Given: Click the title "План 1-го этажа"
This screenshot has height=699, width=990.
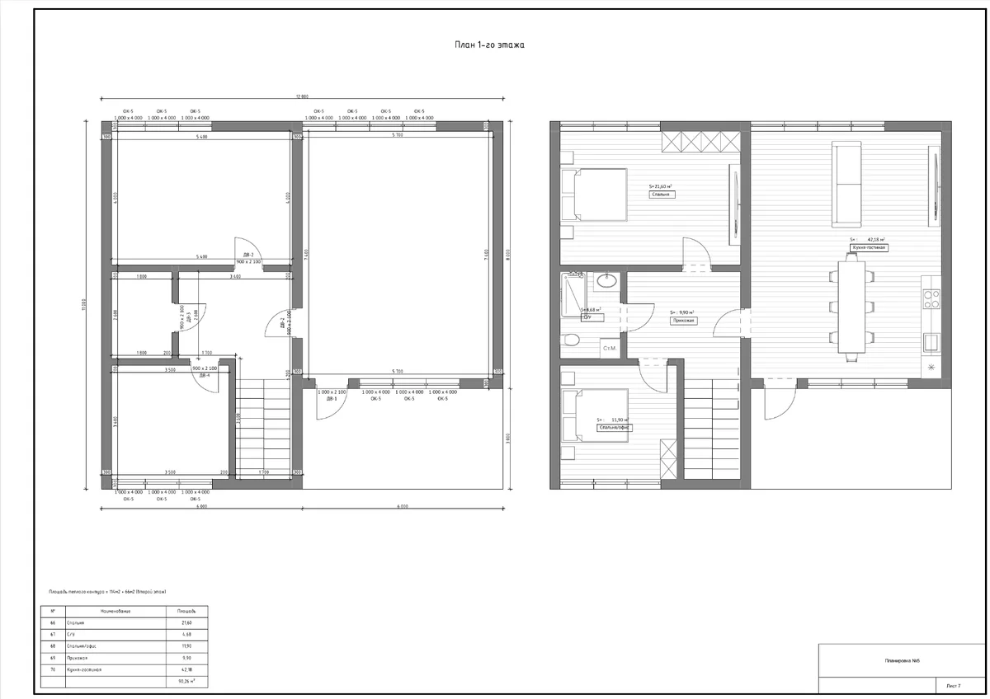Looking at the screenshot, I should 489,45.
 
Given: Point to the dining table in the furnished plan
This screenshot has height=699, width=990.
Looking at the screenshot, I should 851,307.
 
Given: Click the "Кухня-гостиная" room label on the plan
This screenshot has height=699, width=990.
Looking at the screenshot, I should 869,247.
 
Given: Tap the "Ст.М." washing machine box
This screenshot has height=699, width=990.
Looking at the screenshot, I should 611,348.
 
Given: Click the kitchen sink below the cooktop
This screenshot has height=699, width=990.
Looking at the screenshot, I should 931,340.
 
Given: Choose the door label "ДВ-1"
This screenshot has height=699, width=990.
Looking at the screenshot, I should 332,399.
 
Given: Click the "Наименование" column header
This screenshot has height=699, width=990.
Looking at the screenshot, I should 115,612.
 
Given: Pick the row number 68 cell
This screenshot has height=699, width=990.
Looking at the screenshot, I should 53,646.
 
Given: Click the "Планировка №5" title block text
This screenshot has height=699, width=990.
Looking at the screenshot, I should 903,661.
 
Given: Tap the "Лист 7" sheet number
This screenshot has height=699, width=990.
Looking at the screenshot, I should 954,686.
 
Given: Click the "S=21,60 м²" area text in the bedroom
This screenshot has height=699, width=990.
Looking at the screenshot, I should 661,187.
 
